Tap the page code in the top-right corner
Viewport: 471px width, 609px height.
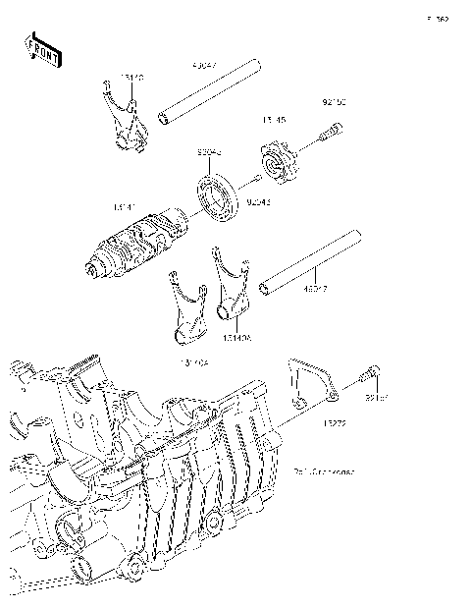tap(437, 19)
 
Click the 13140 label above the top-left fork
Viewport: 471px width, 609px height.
tap(131, 74)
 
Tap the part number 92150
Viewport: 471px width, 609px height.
tap(335, 102)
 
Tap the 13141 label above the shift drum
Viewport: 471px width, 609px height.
tap(126, 207)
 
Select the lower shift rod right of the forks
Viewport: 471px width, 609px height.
tap(308, 261)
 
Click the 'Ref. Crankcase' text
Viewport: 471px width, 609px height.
tap(324, 471)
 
